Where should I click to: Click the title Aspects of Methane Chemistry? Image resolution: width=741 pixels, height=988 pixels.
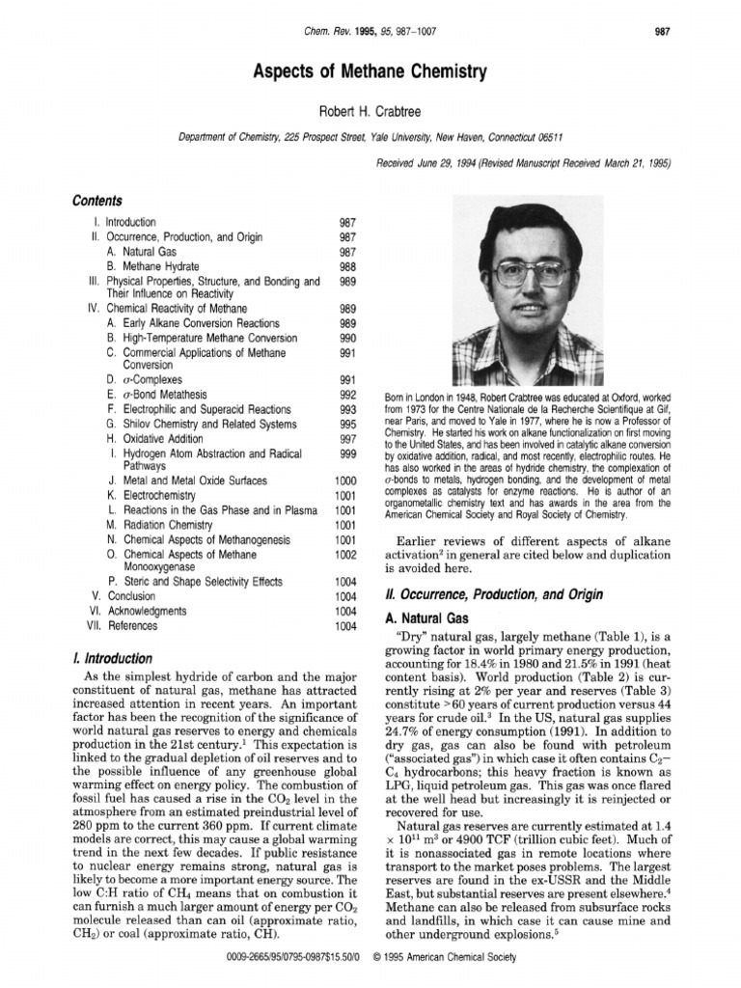[370, 71]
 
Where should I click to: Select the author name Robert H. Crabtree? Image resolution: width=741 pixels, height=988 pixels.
[370, 113]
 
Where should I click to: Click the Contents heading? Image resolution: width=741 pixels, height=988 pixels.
[97, 201]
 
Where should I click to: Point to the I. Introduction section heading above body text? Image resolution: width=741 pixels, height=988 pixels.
[107, 659]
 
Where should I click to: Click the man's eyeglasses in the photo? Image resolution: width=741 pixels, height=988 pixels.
[531, 273]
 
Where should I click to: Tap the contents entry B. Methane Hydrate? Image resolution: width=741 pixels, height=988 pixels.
[153, 265]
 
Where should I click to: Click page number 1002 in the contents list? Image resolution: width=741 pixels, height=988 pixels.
[345, 555]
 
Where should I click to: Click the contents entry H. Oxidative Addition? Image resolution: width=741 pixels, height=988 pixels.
[160, 438]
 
